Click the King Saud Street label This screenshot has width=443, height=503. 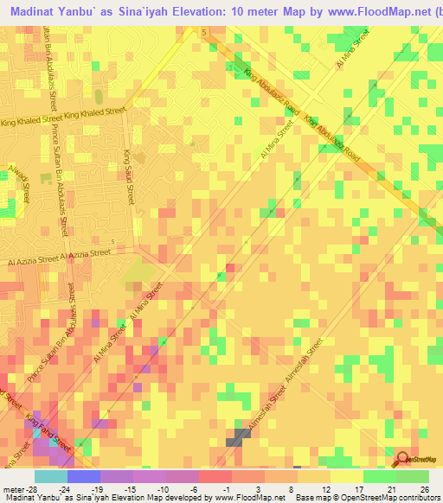(x=130, y=175)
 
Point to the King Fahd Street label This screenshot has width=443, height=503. (x=48, y=430)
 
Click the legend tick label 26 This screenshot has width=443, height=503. (x=423, y=490)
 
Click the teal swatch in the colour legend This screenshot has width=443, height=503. (x=51, y=476)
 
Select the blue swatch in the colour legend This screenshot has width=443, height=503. (x=84, y=476)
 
